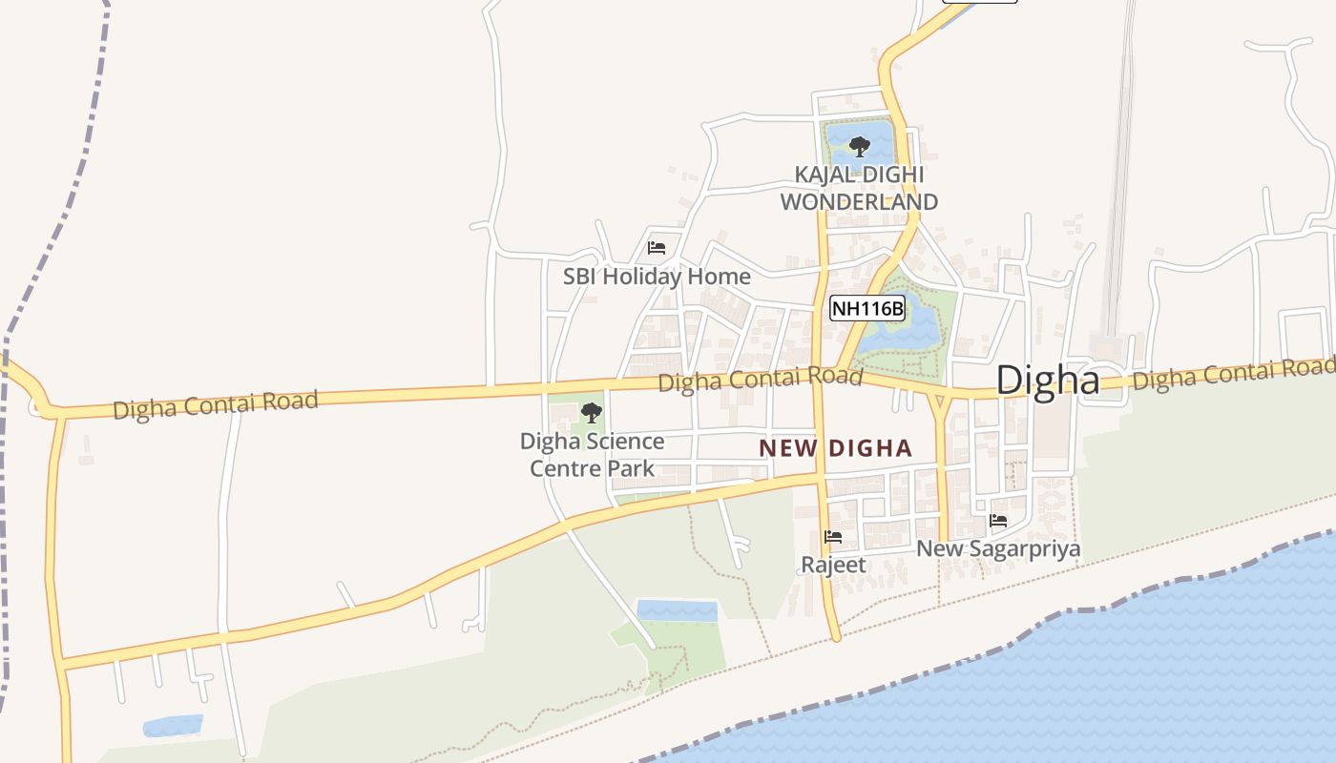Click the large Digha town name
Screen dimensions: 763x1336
tap(1047, 381)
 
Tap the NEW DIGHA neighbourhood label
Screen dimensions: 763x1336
tap(835, 448)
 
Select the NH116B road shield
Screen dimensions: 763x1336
tap(866, 308)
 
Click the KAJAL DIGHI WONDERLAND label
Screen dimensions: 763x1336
tap(859, 189)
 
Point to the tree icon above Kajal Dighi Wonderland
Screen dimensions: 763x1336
tap(859, 147)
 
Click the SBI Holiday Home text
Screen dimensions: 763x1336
tap(657, 278)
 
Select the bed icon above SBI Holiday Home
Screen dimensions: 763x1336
tap(657, 248)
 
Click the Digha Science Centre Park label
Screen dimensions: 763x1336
tap(592, 455)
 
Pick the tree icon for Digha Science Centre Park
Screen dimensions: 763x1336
tap(592, 413)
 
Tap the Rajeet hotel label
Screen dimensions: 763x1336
tap(833, 565)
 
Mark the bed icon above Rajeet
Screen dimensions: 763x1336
tap(833, 537)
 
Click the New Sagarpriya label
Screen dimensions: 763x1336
tap(998, 548)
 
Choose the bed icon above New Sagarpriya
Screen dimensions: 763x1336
tap(998, 521)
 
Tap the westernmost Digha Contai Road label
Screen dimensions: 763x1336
tap(215, 404)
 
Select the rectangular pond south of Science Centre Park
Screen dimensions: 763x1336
tap(677, 610)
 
